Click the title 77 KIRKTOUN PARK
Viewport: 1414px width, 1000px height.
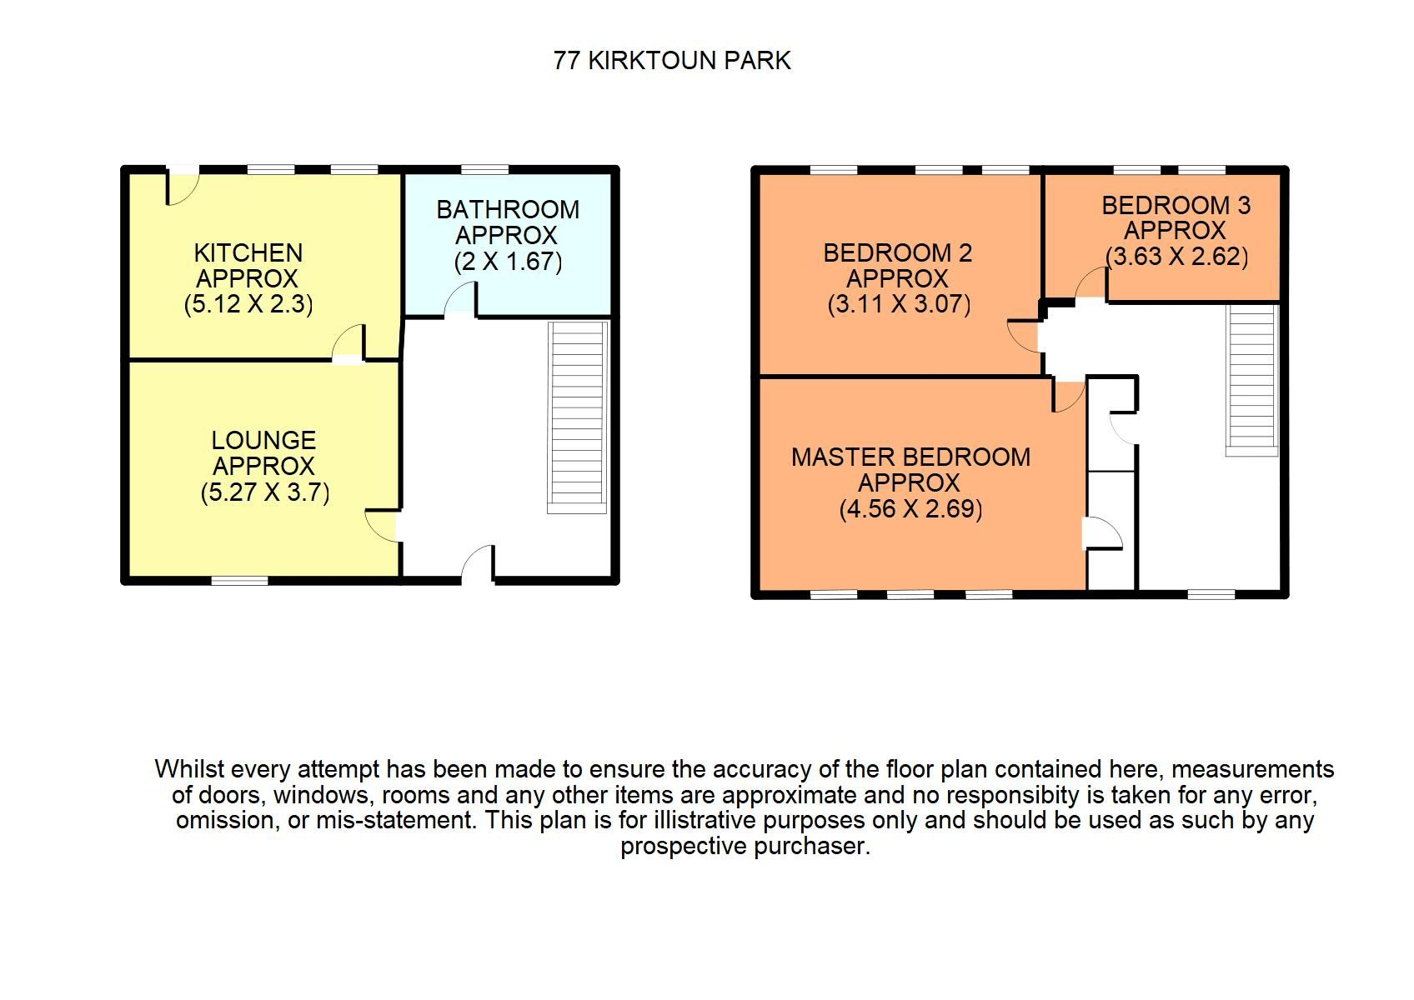coord(672,61)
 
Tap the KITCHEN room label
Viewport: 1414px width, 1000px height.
coord(248,252)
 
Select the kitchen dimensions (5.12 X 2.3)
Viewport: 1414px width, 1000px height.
coord(248,304)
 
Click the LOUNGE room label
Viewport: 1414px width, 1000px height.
coord(263,440)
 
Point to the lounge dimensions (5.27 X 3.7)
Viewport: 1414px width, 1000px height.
coord(265,492)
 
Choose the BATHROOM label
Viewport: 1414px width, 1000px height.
coord(508,209)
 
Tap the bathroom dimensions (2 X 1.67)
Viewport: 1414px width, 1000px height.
coord(508,262)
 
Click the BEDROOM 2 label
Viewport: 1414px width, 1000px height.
coord(898,252)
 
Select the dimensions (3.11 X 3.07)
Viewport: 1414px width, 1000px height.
coord(899,304)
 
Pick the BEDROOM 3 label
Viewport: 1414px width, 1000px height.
coord(1176,205)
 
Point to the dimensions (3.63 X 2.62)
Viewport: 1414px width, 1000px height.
coord(1176,257)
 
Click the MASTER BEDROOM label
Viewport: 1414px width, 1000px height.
coord(910,457)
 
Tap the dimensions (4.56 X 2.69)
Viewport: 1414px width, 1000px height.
coord(910,508)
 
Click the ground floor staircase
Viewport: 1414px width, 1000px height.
coord(577,417)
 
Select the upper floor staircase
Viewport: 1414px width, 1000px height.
coord(1251,379)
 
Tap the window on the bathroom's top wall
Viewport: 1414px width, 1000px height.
coord(485,170)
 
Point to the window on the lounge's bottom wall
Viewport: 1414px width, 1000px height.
coord(239,581)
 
